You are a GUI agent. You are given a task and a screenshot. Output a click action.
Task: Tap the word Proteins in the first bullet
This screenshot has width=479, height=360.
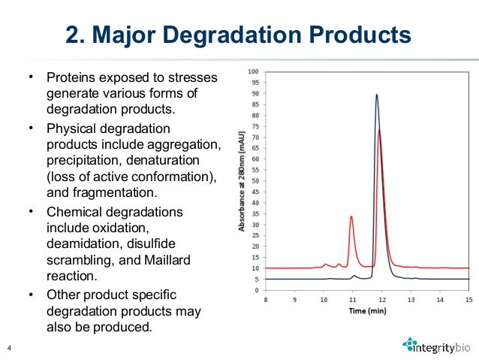tap(71, 77)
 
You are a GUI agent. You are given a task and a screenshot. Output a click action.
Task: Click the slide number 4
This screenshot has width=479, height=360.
tap(9, 346)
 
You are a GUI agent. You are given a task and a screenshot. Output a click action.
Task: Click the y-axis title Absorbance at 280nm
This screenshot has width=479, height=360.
tap(243, 180)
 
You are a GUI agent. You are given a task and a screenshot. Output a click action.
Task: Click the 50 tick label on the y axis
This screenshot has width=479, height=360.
tap(256, 181)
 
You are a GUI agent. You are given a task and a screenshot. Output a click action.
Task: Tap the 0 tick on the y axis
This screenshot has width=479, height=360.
tap(258, 290)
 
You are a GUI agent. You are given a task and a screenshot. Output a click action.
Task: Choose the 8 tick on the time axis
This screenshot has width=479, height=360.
tap(266, 298)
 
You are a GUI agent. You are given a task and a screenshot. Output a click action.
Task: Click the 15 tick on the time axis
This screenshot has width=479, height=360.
tap(469, 298)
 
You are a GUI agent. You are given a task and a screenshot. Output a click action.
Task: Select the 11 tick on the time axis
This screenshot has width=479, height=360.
tap(353, 298)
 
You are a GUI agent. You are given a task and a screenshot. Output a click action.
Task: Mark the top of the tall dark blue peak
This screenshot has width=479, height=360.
tap(377, 95)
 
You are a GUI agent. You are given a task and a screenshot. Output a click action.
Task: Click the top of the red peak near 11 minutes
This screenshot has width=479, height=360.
tap(351, 216)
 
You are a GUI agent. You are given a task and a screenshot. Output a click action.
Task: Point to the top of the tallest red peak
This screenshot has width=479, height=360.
tap(379, 130)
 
